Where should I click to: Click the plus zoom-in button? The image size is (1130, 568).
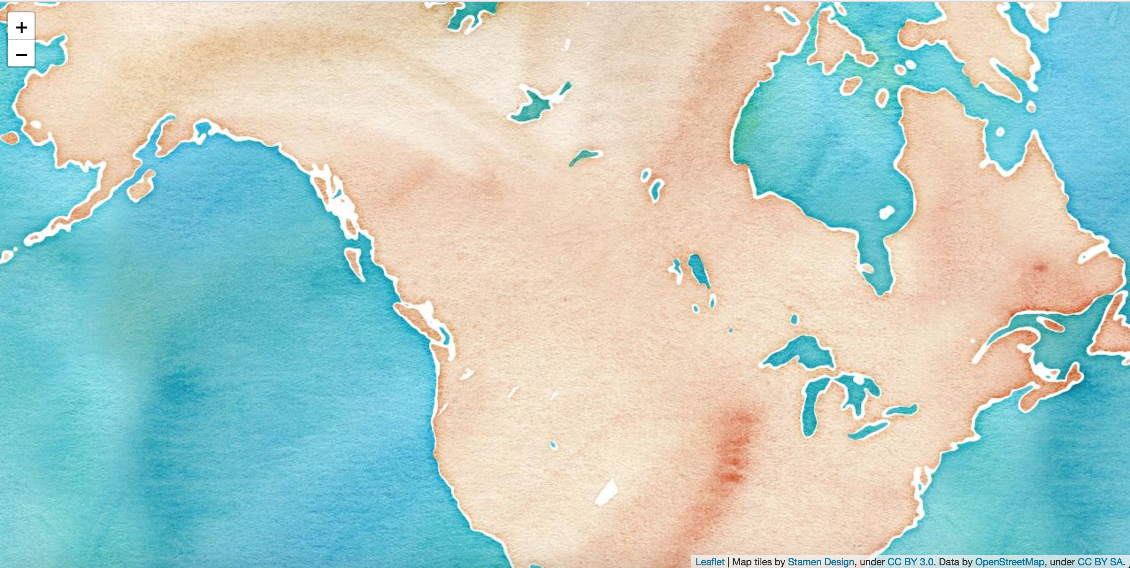coord(21,27)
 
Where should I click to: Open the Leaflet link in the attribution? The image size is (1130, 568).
coord(710,562)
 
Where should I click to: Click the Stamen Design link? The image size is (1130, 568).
coord(821,562)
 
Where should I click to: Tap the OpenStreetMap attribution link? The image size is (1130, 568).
coord(1010,562)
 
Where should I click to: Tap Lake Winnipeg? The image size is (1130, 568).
coord(699,269)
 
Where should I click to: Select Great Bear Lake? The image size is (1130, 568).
coord(538,104)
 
